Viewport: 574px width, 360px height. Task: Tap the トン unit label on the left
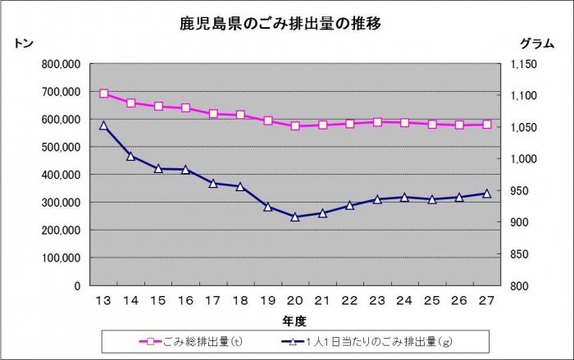coord(24,43)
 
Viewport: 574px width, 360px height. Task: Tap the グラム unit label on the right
coord(537,43)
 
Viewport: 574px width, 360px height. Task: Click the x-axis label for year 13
coord(103,301)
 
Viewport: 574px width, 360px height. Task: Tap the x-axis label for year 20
coord(295,301)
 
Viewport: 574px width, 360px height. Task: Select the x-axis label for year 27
coord(486,301)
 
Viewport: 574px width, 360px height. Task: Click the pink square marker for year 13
coord(103,93)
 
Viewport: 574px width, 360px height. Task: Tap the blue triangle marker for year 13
coord(103,125)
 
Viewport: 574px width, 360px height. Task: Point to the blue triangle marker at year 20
coord(295,217)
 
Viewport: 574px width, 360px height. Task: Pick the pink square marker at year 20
coord(295,126)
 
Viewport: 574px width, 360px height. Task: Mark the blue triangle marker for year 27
coord(486,194)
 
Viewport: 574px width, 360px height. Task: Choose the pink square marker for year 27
coord(486,125)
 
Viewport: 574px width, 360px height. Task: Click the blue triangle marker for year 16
coord(185,170)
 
